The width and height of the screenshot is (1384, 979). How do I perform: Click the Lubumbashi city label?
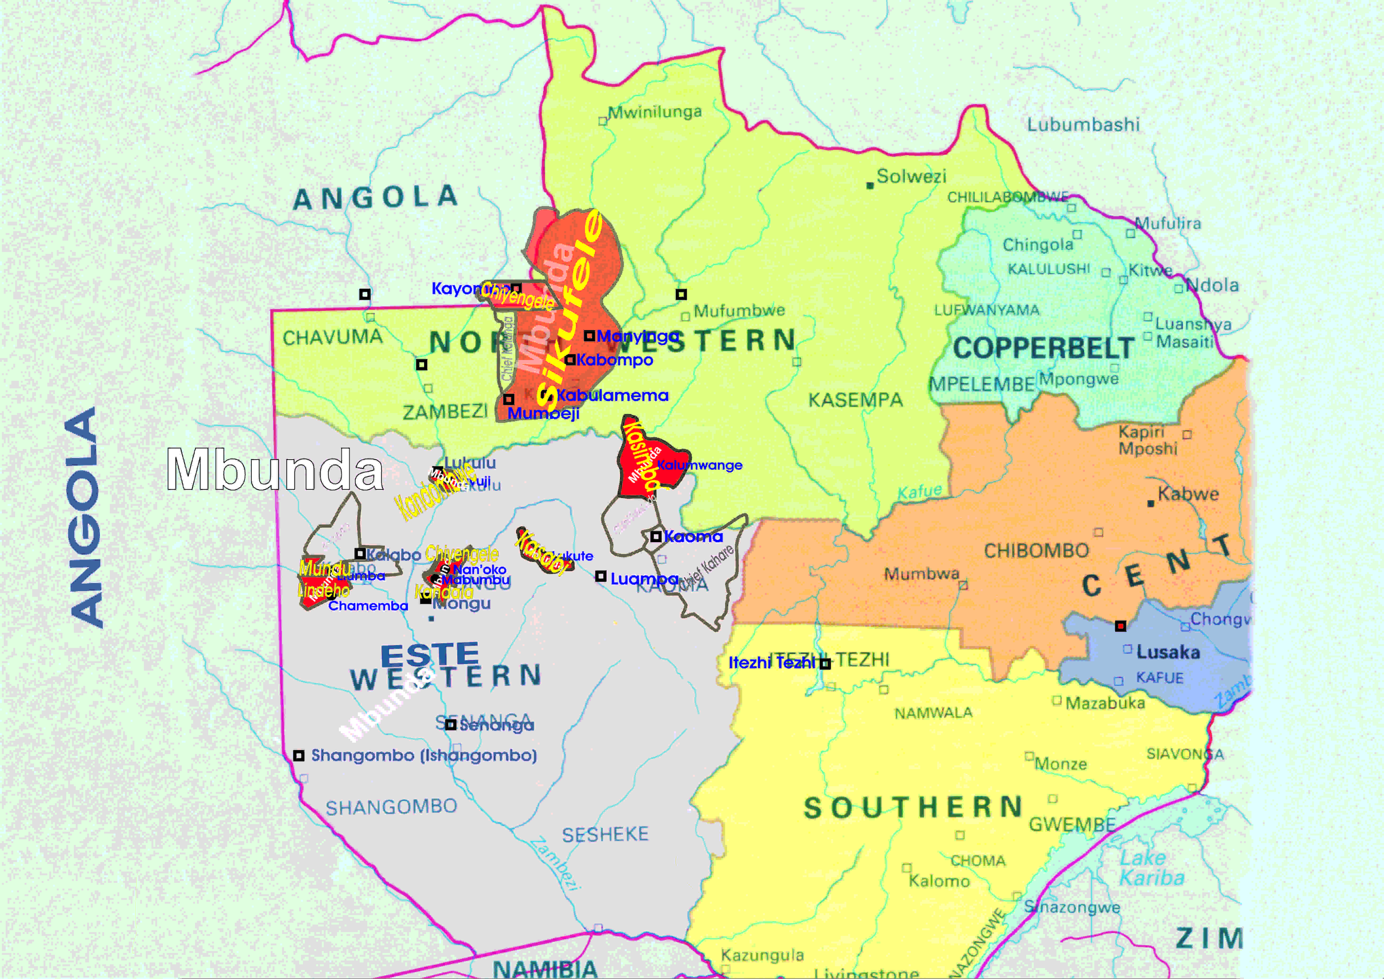point(1083,125)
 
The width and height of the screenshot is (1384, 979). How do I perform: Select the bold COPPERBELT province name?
point(1043,348)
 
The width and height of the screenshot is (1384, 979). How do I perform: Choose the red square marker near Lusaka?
point(1120,626)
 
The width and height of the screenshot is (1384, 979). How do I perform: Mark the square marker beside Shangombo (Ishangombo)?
point(298,756)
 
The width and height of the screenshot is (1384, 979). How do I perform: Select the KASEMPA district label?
point(855,400)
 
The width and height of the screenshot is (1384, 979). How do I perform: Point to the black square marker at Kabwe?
point(1151,504)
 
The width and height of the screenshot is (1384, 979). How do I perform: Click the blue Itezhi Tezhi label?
point(772,663)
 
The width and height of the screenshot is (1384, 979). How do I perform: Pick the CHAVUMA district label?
point(333,337)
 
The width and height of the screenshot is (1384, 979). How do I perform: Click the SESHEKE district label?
point(605,835)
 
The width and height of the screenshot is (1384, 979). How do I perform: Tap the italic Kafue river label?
point(919,492)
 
